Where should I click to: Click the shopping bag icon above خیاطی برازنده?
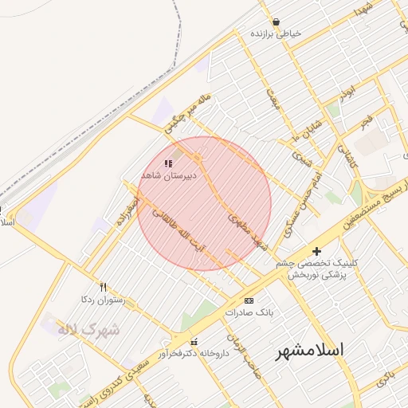(276, 22)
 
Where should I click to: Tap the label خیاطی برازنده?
(277, 34)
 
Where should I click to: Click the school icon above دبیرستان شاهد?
(167, 163)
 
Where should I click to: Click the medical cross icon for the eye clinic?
(317, 251)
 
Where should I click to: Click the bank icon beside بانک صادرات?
(249, 300)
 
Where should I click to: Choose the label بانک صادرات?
(249, 312)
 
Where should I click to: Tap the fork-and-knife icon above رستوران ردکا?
(103, 287)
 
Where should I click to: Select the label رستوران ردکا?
(104, 299)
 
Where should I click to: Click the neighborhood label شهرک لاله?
(88, 328)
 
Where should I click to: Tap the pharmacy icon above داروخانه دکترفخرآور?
(193, 342)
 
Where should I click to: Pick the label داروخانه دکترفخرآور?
(193, 353)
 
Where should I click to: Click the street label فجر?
(366, 122)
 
